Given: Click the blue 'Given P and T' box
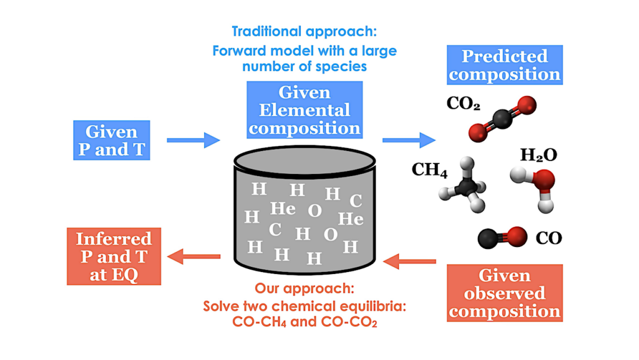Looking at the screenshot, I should [111, 140].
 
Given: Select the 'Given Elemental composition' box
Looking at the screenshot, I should [305, 110].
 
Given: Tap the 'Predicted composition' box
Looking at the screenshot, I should [505, 65].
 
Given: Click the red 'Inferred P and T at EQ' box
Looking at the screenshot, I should [113, 256].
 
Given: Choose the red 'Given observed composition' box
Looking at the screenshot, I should [505, 293].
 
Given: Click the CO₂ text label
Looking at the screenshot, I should [463, 104].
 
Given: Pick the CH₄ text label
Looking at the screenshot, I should [429, 170].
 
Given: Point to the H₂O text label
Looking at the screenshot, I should [538, 155].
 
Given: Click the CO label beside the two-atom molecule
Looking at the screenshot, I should [549, 238].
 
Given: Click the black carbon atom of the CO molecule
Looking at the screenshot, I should [487, 238].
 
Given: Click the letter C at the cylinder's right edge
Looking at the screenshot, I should [356, 201].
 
